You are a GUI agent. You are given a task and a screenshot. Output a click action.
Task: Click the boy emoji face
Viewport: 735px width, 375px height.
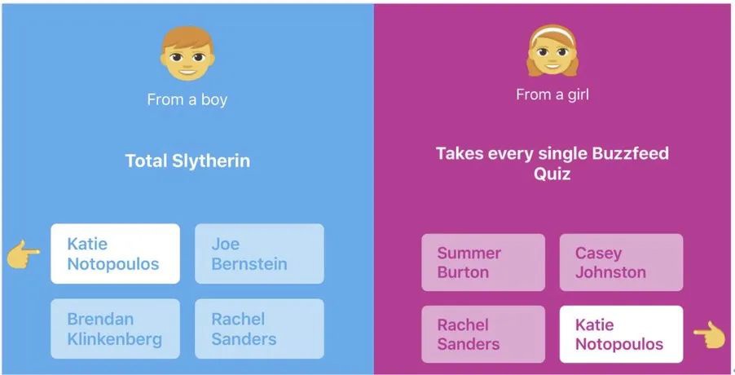tap(187, 53)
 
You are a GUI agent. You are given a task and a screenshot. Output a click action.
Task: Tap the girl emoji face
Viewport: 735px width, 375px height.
tap(552, 51)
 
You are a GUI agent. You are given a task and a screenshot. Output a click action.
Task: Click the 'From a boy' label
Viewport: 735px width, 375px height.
tap(187, 99)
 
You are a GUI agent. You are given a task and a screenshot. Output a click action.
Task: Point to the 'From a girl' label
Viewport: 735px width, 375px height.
tap(552, 95)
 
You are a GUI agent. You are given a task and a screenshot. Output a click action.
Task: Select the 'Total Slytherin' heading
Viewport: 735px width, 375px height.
tap(187, 161)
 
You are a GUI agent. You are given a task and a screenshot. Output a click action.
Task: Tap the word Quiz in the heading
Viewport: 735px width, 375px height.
tap(552, 174)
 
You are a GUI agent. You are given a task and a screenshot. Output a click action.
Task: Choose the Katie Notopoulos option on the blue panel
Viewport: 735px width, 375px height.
tap(116, 254)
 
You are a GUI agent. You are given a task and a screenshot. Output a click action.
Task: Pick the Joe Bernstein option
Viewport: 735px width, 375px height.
tap(259, 254)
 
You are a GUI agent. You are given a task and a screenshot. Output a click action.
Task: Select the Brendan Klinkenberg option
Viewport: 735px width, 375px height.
tap(116, 329)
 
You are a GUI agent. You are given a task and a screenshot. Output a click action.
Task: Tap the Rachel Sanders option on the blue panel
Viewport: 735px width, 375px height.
tap(259, 329)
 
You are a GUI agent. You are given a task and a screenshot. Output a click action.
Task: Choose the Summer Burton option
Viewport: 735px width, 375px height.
tap(483, 262)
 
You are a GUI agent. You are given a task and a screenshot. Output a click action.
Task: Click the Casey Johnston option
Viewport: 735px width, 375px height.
tap(621, 262)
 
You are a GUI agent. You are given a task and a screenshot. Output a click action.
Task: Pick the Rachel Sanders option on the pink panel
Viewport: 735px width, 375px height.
tap(483, 334)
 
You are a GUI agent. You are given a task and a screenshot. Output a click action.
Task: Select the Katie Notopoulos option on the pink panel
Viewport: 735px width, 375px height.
tap(621, 334)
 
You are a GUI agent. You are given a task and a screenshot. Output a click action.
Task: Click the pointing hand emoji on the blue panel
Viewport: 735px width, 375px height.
tap(24, 254)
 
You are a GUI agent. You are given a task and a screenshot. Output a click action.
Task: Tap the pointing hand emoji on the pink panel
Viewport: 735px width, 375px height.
tap(709, 335)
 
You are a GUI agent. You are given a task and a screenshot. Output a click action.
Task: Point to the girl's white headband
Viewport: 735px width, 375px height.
tap(552, 33)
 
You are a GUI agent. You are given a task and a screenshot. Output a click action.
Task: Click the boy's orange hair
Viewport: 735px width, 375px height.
tap(187, 38)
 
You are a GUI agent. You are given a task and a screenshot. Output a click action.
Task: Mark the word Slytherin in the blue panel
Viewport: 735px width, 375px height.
tap(211, 161)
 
